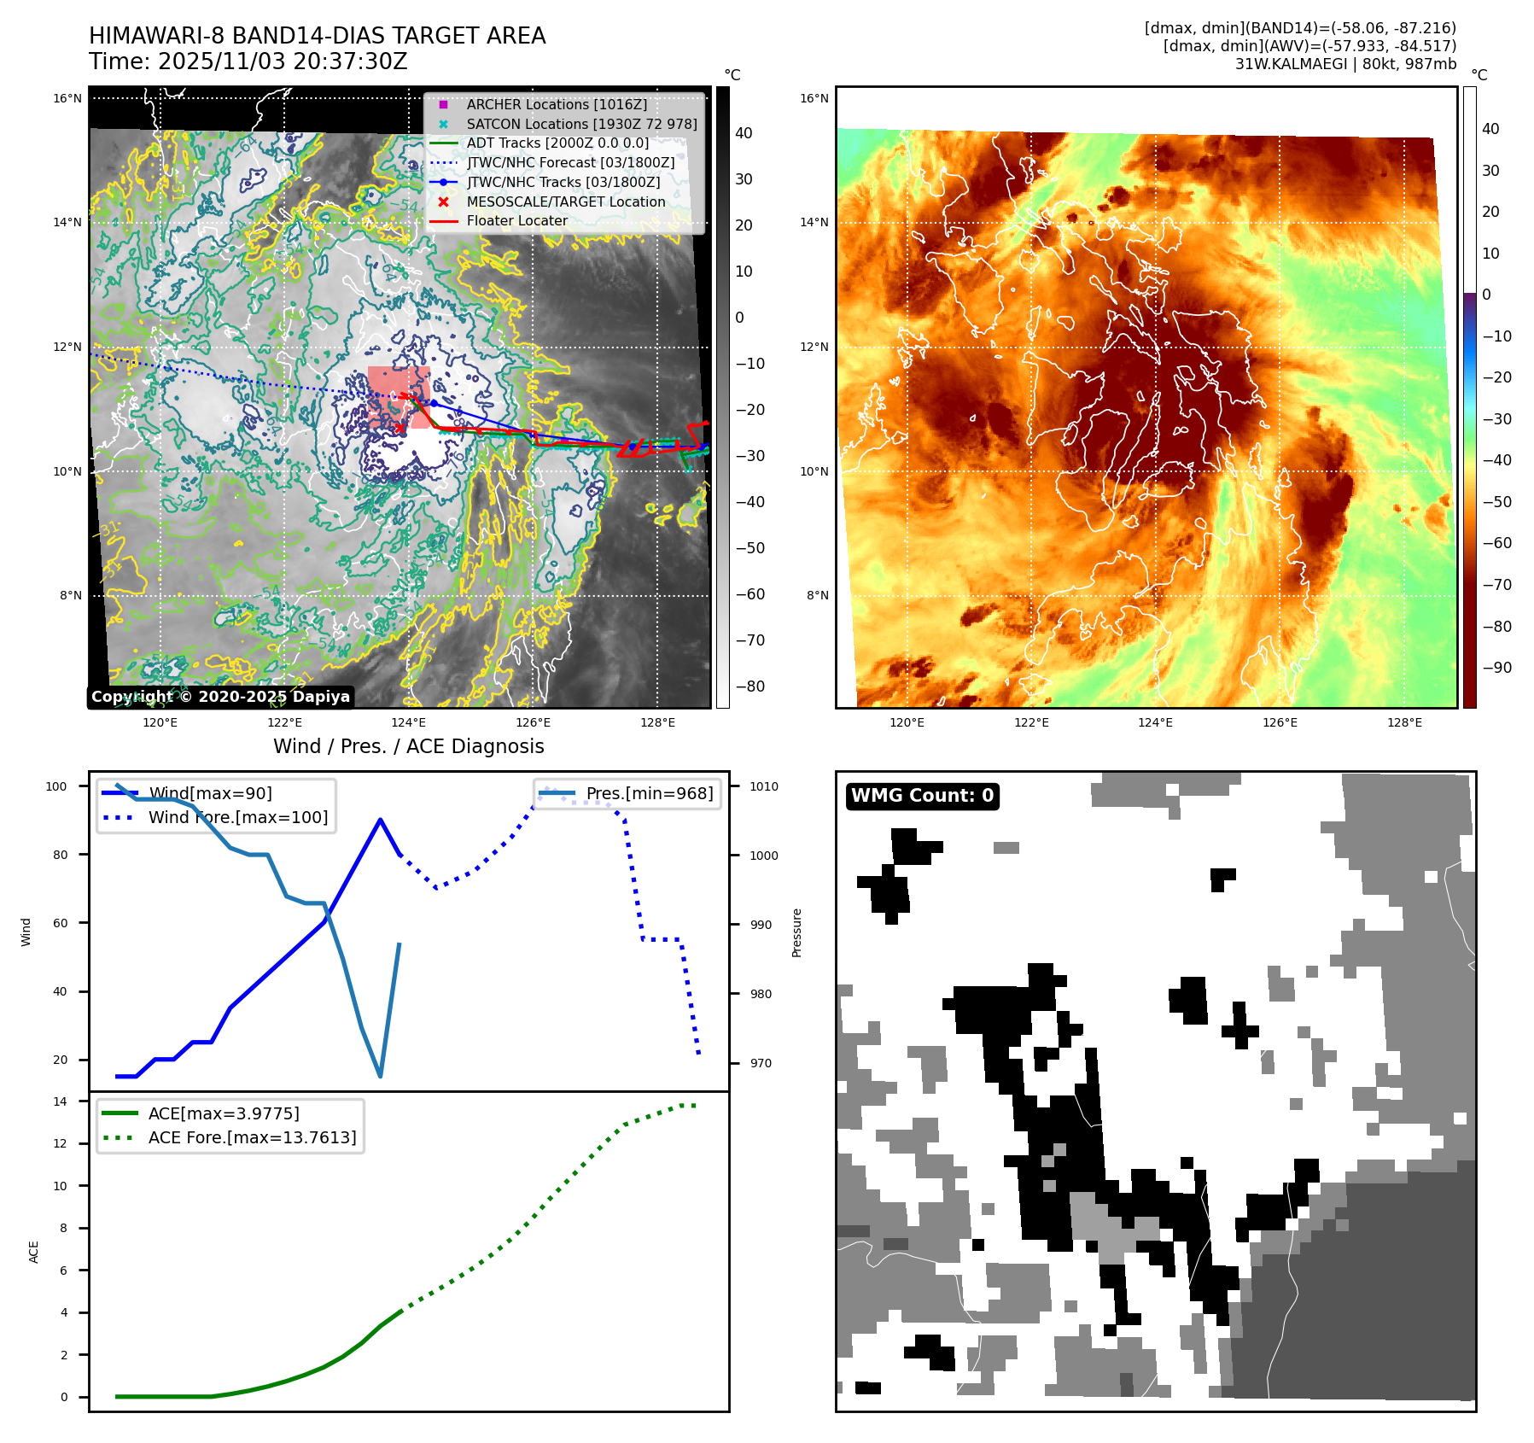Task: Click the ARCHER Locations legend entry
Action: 557,104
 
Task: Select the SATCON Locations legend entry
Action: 580,124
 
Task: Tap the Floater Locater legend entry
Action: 516,220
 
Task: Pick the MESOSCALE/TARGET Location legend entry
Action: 565,202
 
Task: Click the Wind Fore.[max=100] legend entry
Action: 237,817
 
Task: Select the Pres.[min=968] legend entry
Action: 649,793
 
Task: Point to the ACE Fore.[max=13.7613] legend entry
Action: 252,1137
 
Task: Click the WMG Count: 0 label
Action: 922,796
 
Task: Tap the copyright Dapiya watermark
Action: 220,697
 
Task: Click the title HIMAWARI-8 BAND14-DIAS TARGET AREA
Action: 317,36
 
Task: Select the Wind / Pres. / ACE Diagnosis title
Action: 408,746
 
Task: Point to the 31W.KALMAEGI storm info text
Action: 1344,64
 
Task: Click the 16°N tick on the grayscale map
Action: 67,98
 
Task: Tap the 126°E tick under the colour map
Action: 1280,722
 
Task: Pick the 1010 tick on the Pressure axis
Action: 764,786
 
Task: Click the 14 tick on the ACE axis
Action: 60,1101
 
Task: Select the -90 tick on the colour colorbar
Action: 1496,668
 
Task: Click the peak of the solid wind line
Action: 380,820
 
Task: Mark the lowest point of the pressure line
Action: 380,1076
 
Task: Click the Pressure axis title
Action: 796,932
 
